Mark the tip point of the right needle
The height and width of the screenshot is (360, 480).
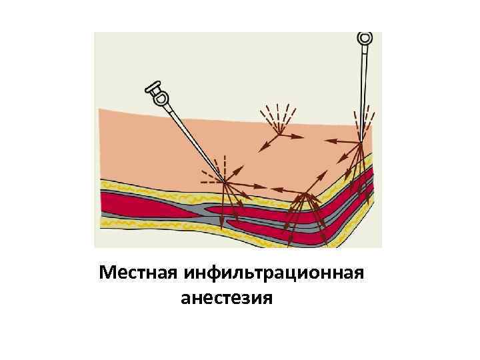coord(361,142)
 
